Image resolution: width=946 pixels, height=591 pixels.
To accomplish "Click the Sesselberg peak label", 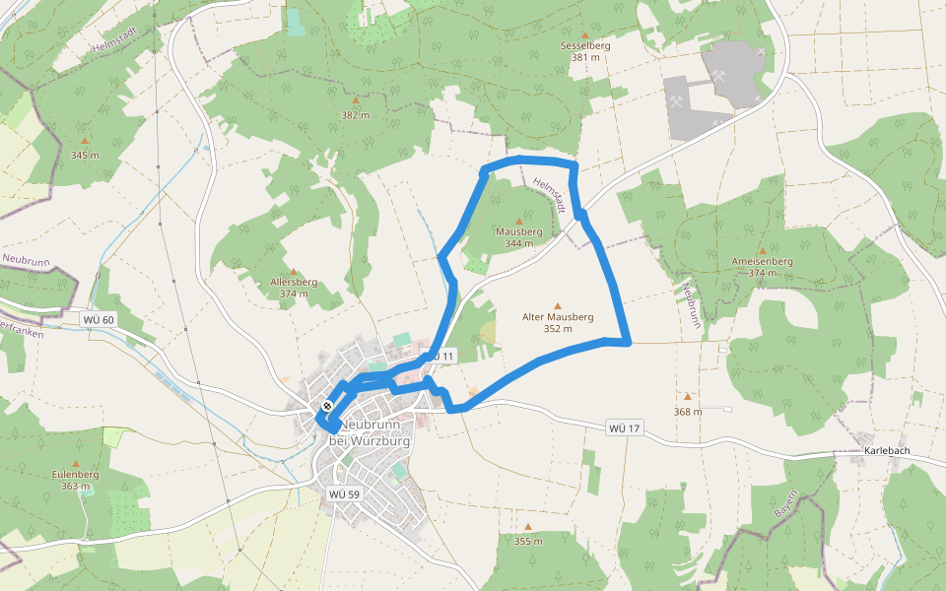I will (x=585, y=46).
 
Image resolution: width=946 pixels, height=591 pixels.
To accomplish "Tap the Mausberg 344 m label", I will (x=518, y=236).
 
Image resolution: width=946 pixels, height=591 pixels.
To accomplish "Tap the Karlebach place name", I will (x=886, y=451).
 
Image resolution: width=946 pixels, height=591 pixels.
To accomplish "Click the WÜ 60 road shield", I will (x=99, y=319).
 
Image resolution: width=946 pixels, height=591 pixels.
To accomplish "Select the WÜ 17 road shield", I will (x=625, y=427).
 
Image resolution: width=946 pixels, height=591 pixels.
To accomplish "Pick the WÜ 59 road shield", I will (x=344, y=493).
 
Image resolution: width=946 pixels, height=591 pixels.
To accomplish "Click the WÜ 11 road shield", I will (x=439, y=355).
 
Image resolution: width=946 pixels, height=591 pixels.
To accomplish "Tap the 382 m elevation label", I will (x=355, y=115).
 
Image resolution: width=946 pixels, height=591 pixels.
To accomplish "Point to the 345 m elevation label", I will (x=85, y=156).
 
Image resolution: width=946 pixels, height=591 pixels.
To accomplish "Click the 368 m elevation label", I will (x=688, y=411).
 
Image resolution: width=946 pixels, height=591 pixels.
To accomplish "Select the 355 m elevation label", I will (x=528, y=541).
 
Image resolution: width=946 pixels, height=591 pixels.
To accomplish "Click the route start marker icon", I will (x=327, y=406).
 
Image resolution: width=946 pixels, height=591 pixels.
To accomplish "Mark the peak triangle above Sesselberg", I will (x=585, y=33).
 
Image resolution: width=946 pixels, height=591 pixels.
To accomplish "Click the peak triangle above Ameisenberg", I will (x=762, y=249).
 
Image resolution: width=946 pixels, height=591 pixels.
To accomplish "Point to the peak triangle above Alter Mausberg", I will (x=558, y=305).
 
